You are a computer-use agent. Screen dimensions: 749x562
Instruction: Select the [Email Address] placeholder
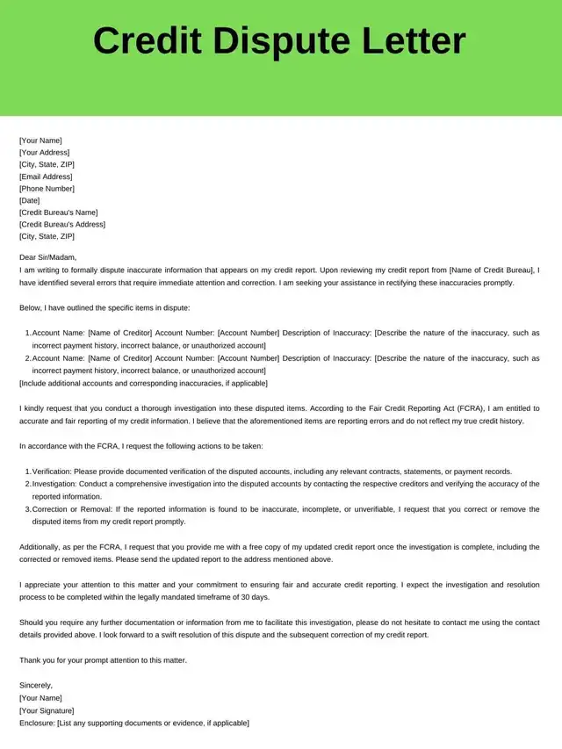tap(46, 176)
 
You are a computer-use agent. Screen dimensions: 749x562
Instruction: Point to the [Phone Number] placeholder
tap(47, 189)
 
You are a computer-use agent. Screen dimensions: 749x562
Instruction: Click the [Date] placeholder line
tap(29, 200)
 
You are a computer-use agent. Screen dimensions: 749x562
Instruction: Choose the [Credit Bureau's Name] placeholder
tap(58, 212)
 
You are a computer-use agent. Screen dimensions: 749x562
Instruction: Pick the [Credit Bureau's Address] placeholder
tap(61, 224)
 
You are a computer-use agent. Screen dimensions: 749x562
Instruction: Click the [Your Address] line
tap(44, 153)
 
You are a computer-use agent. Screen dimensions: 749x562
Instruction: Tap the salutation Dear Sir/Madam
tap(48, 257)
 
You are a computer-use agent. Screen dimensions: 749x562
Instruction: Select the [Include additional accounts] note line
tap(143, 384)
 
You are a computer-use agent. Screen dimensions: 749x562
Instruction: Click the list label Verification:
tap(53, 472)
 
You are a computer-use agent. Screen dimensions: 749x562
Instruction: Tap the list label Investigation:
tap(54, 484)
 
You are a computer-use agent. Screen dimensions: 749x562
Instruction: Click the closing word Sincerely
tap(36, 685)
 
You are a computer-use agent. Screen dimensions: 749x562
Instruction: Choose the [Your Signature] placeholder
tap(47, 710)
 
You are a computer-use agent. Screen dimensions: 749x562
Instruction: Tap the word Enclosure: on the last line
tap(37, 723)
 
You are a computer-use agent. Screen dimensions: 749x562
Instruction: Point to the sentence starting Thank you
tap(103, 659)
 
